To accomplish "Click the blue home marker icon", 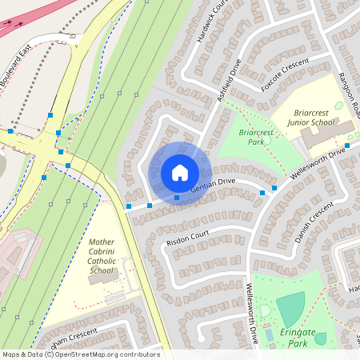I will tap(179, 173).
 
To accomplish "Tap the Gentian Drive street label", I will tap(213, 183).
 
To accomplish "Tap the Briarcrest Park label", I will tap(256, 136).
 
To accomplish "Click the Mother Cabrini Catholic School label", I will tap(102, 256).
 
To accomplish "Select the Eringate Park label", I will tap(298, 338).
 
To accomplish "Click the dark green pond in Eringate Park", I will tap(291, 308).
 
